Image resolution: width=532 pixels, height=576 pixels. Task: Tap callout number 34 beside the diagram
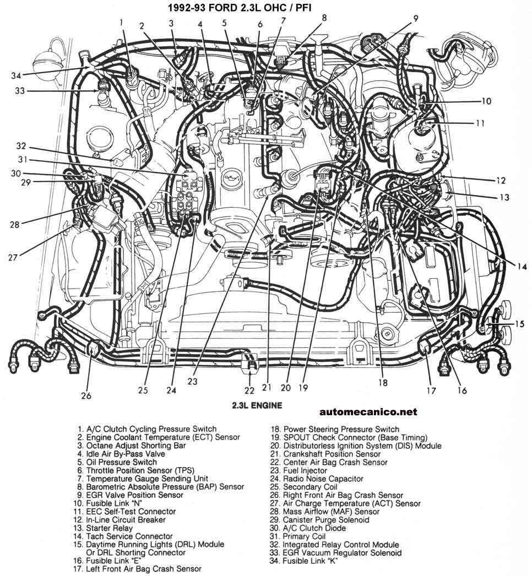click(16, 75)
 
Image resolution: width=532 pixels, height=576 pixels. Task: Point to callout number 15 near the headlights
click(519, 324)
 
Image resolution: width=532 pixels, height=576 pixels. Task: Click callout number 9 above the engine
click(415, 18)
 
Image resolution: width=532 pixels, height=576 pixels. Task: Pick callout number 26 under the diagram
click(86, 395)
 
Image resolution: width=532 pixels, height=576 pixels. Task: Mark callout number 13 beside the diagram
click(505, 197)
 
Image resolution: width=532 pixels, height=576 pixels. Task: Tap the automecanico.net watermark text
click(368, 412)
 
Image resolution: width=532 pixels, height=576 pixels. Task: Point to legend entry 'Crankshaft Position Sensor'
click(325, 454)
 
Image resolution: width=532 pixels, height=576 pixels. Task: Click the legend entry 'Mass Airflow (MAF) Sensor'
click(325, 512)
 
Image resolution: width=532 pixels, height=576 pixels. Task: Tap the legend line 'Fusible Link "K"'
click(304, 561)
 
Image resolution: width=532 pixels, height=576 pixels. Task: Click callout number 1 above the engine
click(121, 22)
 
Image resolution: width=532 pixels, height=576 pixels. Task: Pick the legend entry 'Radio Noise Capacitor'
click(317, 479)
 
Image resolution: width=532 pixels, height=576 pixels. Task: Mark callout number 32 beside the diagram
click(21, 146)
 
